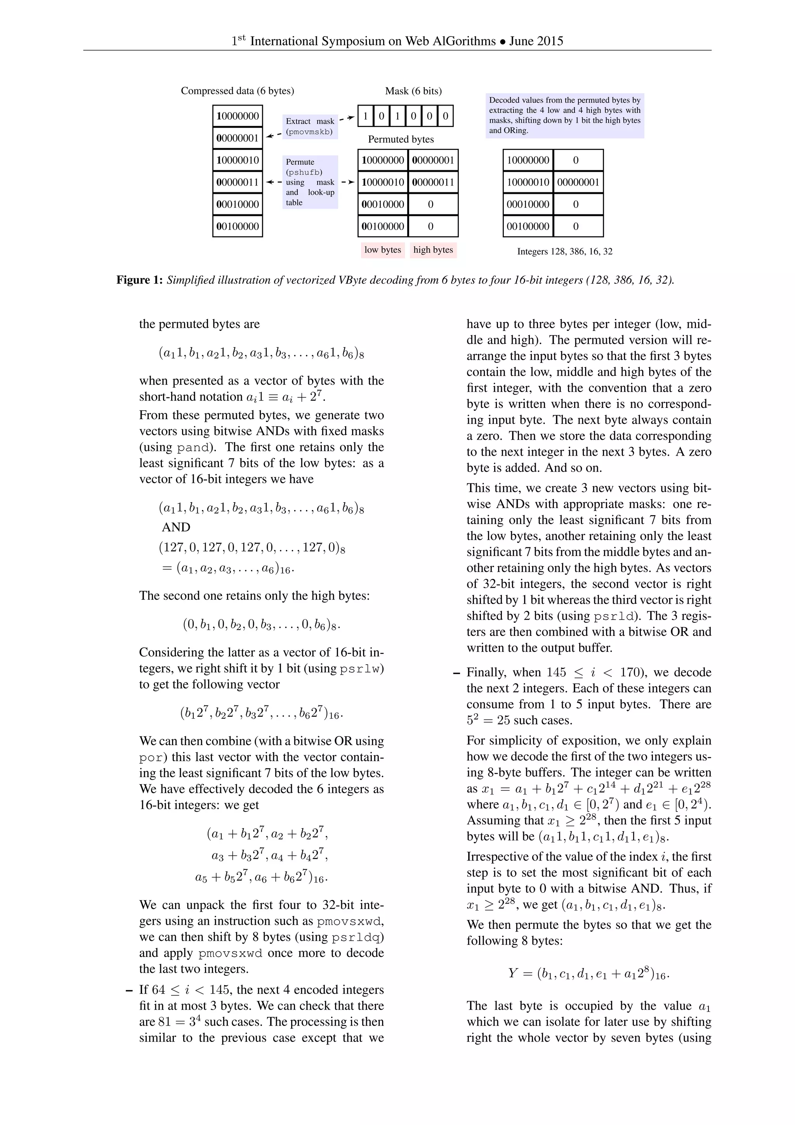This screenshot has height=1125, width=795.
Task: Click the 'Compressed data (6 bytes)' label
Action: [x=238, y=91]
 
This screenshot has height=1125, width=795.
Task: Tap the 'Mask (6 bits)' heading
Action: [x=413, y=91]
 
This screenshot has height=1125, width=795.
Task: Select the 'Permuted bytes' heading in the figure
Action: [x=401, y=139]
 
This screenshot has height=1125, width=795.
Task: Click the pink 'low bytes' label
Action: [x=382, y=250]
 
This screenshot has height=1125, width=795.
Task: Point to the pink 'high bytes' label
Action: [x=433, y=250]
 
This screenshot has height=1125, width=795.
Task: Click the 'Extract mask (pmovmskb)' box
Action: [x=310, y=126]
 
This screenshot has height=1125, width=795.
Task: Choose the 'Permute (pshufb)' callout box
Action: [x=310, y=182]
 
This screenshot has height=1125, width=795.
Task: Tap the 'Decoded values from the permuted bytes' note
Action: [x=564, y=115]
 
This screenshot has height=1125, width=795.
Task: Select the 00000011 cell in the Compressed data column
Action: [x=238, y=182]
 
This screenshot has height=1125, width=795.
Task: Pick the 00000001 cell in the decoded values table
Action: [x=578, y=182]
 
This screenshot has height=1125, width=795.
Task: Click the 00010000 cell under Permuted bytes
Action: [x=383, y=204]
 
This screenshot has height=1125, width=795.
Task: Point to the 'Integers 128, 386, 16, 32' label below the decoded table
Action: [x=564, y=251]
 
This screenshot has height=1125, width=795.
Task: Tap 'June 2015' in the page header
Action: [x=536, y=41]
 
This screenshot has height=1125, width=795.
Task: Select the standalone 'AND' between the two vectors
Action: [x=176, y=527]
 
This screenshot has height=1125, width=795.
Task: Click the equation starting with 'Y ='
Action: [x=588, y=973]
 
